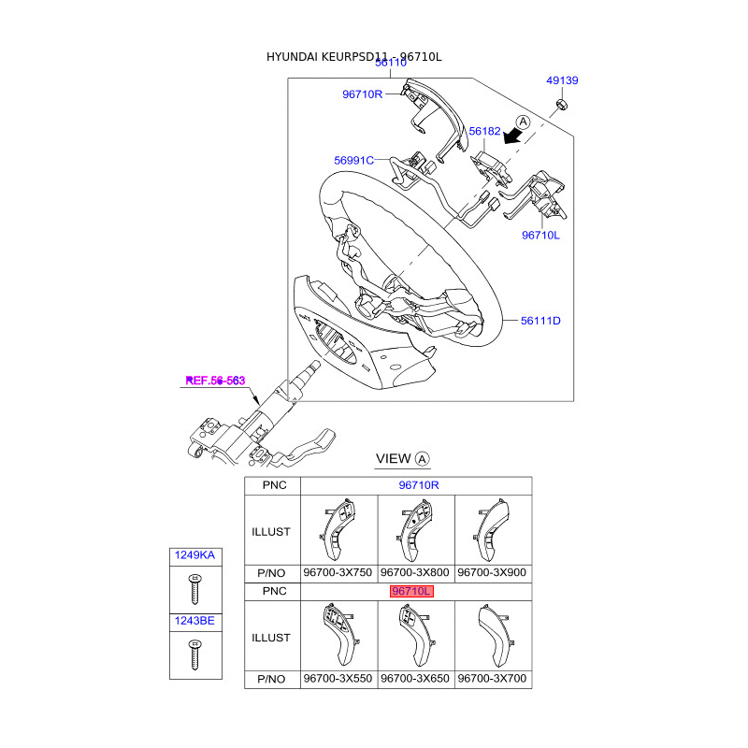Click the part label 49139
(x=562, y=81)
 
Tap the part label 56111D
(x=540, y=321)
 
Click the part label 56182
(x=484, y=133)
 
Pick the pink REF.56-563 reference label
(x=215, y=381)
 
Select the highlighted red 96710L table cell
(x=411, y=592)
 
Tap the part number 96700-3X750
(x=338, y=572)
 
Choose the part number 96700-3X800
(x=415, y=572)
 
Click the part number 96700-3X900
(x=493, y=572)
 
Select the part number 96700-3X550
(x=338, y=678)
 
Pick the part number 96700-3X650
(x=415, y=678)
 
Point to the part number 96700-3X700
(x=493, y=678)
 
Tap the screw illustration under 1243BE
(x=195, y=654)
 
